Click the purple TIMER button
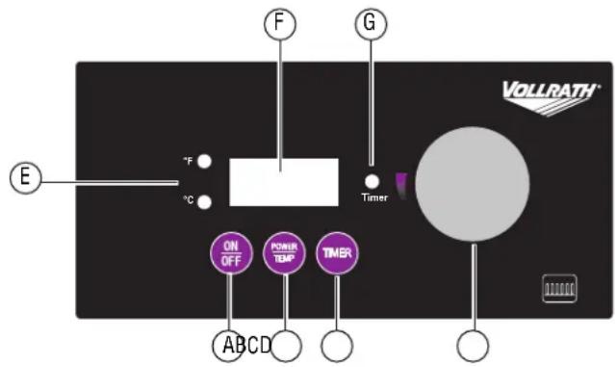click(337, 254)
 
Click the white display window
click(284, 181)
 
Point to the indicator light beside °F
click(205, 162)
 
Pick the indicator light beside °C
click(205, 200)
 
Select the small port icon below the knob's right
click(559, 288)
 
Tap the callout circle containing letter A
click(228, 345)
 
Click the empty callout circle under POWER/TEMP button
click(286, 345)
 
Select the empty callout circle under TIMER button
click(337, 345)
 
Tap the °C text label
click(189, 200)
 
